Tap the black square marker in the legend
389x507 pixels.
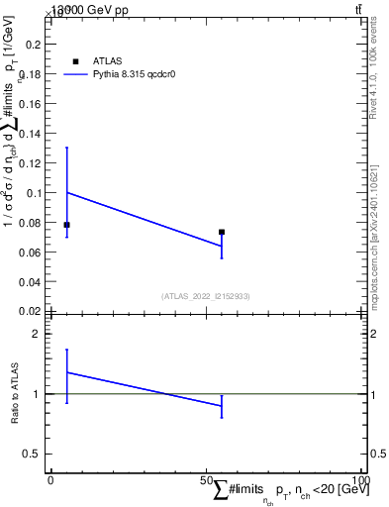pos(76,60)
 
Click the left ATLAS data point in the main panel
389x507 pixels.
pos(66,225)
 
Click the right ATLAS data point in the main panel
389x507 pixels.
pos(222,232)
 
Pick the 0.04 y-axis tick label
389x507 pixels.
pos(30,281)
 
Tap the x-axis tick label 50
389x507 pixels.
pos(208,480)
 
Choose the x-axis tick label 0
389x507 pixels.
pos(51,480)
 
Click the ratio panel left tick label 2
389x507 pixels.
pos(37,335)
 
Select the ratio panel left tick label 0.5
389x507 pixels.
pos(33,454)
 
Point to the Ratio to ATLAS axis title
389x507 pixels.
pos(15,394)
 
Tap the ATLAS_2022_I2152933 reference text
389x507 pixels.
pos(206,296)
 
